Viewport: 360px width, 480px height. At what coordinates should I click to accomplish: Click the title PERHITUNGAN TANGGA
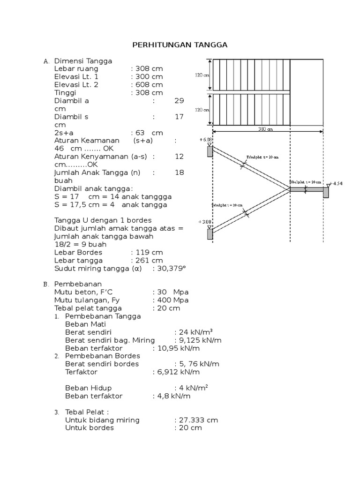180,45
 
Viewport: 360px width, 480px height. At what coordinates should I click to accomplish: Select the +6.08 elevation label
206,139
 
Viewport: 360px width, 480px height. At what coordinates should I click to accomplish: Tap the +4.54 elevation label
336,183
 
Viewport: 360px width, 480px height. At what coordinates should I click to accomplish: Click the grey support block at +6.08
210,151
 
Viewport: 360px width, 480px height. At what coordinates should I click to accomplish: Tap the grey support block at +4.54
326,192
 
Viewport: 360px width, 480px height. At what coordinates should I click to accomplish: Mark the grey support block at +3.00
210,233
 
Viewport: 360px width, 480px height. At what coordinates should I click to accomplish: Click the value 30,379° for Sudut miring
171,269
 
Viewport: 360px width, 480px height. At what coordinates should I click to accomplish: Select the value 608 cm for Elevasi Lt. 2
148,85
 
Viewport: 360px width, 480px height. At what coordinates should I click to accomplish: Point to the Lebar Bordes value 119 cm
148,252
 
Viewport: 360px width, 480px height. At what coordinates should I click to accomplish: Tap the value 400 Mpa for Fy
172,300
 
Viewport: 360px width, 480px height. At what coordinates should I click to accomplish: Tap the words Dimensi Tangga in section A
83,61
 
